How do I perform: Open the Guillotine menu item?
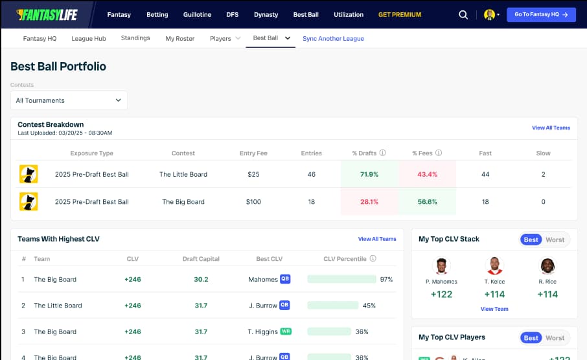(197, 14)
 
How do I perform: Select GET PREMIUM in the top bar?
(399, 14)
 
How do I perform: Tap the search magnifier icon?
(463, 14)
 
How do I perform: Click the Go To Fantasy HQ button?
(540, 14)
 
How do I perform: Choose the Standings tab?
(135, 38)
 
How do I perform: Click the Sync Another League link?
(333, 38)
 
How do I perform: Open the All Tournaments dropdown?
(69, 100)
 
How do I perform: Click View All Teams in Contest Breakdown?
(551, 128)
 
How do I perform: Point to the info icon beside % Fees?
(439, 153)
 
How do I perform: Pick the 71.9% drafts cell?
(369, 174)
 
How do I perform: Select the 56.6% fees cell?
(428, 201)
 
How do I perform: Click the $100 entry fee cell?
(253, 201)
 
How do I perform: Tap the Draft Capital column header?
(201, 259)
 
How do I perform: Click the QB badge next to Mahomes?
(284, 279)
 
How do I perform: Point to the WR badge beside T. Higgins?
(286, 332)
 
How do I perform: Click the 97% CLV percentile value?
(387, 279)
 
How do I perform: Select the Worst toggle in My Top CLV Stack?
(555, 240)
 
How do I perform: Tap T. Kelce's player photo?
(494, 265)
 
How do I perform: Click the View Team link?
(494, 309)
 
